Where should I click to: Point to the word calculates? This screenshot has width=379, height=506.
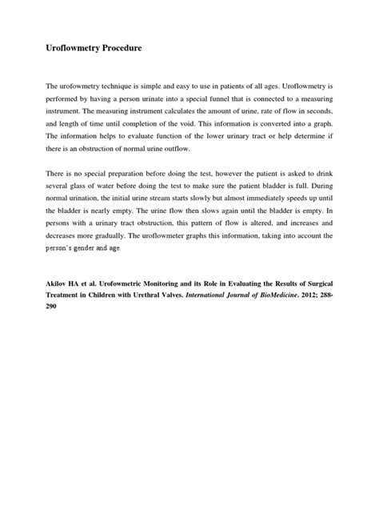pos(184,110)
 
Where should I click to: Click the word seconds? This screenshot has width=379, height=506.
pos(314,110)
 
